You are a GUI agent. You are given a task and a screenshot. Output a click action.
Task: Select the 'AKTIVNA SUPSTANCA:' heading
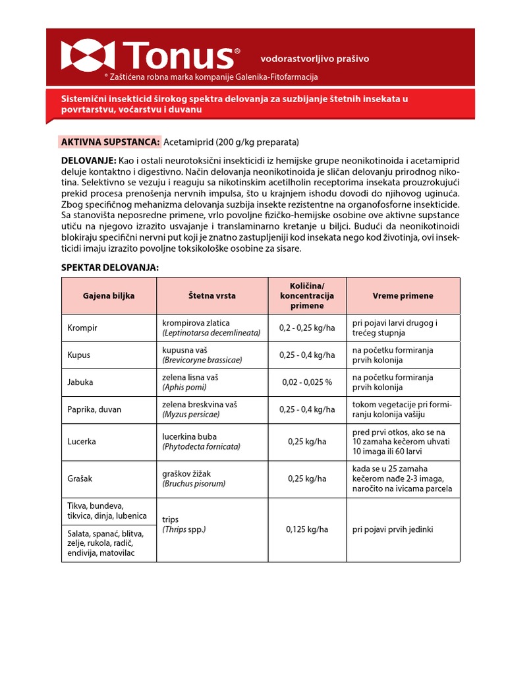click(110, 142)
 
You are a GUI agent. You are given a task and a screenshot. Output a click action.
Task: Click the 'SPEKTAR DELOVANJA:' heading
click(110, 268)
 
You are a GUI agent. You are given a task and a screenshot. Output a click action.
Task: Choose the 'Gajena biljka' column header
click(109, 295)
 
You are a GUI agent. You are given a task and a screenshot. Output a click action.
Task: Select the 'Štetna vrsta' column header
click(211, 295)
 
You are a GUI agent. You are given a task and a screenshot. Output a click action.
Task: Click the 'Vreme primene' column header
click(402, 295)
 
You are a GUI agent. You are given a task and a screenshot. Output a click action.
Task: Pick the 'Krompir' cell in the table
click(82, 328)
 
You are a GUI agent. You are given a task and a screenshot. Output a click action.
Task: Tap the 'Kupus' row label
click(79, 355)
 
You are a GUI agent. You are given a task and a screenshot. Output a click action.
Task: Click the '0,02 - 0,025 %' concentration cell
click(307, 382)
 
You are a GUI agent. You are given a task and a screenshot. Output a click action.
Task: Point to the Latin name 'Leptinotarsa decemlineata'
click(211, 333)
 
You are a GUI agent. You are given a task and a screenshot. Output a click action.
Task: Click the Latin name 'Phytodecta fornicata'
click(202, 446)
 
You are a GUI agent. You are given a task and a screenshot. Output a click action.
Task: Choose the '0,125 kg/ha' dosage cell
click(307, 529)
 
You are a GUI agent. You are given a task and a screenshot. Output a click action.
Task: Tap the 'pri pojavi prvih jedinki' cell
click(393, 529)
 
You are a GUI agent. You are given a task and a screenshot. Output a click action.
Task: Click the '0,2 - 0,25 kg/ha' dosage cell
click(307, 328)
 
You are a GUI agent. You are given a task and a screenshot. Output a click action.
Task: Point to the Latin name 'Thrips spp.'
click(184, 529)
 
